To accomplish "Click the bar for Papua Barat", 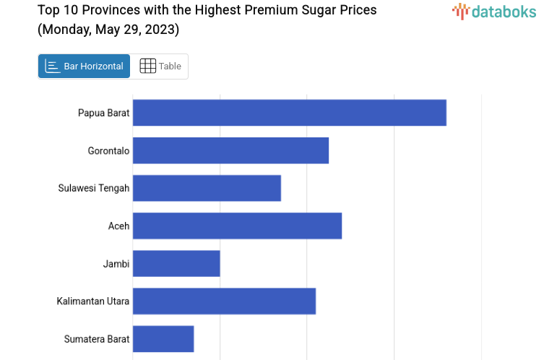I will click(289, 113).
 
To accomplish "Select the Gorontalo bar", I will click(230, 150).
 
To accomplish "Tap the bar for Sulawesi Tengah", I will click(207, 188).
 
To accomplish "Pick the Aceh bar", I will click(237, 226).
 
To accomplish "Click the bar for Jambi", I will click(176, 263).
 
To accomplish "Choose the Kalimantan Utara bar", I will click(224, 301).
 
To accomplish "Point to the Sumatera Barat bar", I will click(163, 338).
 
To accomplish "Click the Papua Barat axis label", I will click(103, 113).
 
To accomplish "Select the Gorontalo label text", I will click(108, 151).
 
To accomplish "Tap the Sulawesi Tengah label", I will click(94, 189).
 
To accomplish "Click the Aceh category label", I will click(118, 226).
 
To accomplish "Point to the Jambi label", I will click(116, 264).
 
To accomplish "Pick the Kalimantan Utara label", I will click(93, 301).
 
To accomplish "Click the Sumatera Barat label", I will click(97, 339).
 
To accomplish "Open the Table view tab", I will click(160, 67).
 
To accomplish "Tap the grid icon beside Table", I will click(147, 67).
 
